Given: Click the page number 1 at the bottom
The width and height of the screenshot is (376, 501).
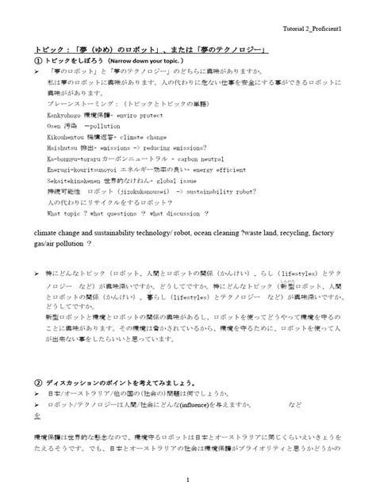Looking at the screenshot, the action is pyautogui.click(x=188, y=480).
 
